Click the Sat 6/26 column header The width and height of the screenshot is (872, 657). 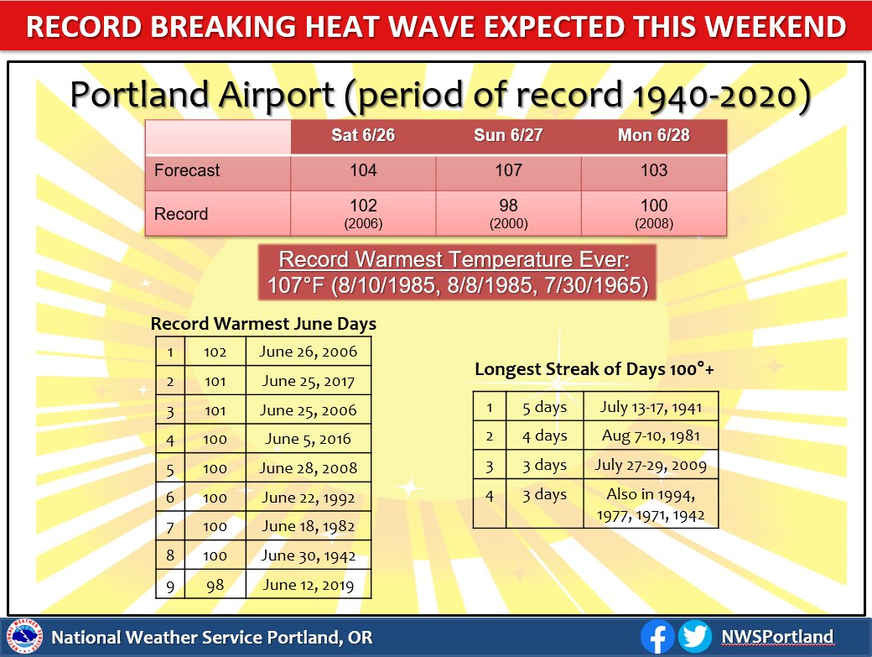363,137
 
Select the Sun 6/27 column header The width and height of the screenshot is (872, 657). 508,137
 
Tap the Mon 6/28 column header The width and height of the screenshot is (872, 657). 653,137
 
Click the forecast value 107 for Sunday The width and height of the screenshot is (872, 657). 508,171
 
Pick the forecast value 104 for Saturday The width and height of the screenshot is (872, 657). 363,171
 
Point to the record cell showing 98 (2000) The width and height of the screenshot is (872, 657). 508,212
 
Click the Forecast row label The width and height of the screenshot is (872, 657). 187,171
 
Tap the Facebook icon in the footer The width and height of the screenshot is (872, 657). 659,637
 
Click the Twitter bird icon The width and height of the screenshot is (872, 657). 694,637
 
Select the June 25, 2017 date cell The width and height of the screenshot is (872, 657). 308,381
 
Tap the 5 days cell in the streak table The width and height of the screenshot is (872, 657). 544,408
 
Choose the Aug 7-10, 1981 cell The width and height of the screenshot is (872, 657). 651,436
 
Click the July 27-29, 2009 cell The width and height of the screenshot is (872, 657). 651,465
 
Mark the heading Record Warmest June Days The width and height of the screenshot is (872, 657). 263,323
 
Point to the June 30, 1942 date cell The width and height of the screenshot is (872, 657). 308,555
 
